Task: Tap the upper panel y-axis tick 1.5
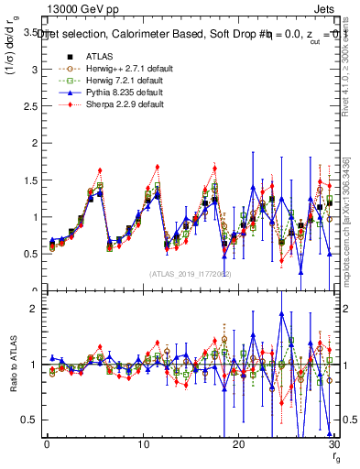[x=28, y=180]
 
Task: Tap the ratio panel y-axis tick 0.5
[x=28, y=420]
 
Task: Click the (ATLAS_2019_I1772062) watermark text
[x=188, y=273]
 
